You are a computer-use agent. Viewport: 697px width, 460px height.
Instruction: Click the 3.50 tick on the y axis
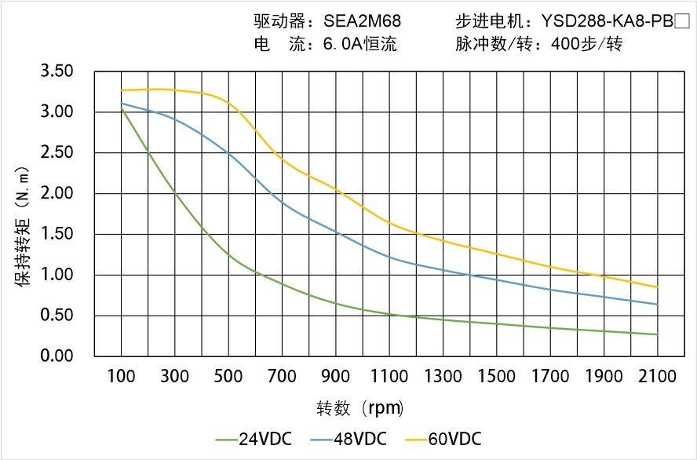(57, 71)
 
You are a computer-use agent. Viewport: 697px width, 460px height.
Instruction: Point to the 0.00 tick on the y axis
(57, 356)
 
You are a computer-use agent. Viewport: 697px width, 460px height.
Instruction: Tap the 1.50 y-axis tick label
(57, 234)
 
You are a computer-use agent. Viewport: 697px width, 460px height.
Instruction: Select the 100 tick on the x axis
(121, 376)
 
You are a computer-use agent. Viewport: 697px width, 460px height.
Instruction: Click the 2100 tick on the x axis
(657, 376)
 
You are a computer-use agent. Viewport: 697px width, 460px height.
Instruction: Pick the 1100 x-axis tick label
(389, 376)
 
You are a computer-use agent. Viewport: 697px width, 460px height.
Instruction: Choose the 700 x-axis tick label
(283, 376)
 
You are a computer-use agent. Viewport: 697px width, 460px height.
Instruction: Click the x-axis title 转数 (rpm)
(359, 408)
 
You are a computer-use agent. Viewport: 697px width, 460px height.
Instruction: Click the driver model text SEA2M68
(362, 22)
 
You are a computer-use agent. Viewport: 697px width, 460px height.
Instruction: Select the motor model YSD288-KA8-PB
(608, 22)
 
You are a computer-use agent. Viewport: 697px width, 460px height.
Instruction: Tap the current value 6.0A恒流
(359, 45)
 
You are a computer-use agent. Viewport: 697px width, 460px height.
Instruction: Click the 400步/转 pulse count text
(586, 45)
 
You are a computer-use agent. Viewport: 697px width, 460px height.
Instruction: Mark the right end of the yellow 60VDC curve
(657, 287)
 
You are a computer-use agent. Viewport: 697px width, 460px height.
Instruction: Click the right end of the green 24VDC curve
(657, 334)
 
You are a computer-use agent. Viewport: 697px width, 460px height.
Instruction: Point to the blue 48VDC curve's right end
(657, 304)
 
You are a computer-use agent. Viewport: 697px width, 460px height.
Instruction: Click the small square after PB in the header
(681, 22)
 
